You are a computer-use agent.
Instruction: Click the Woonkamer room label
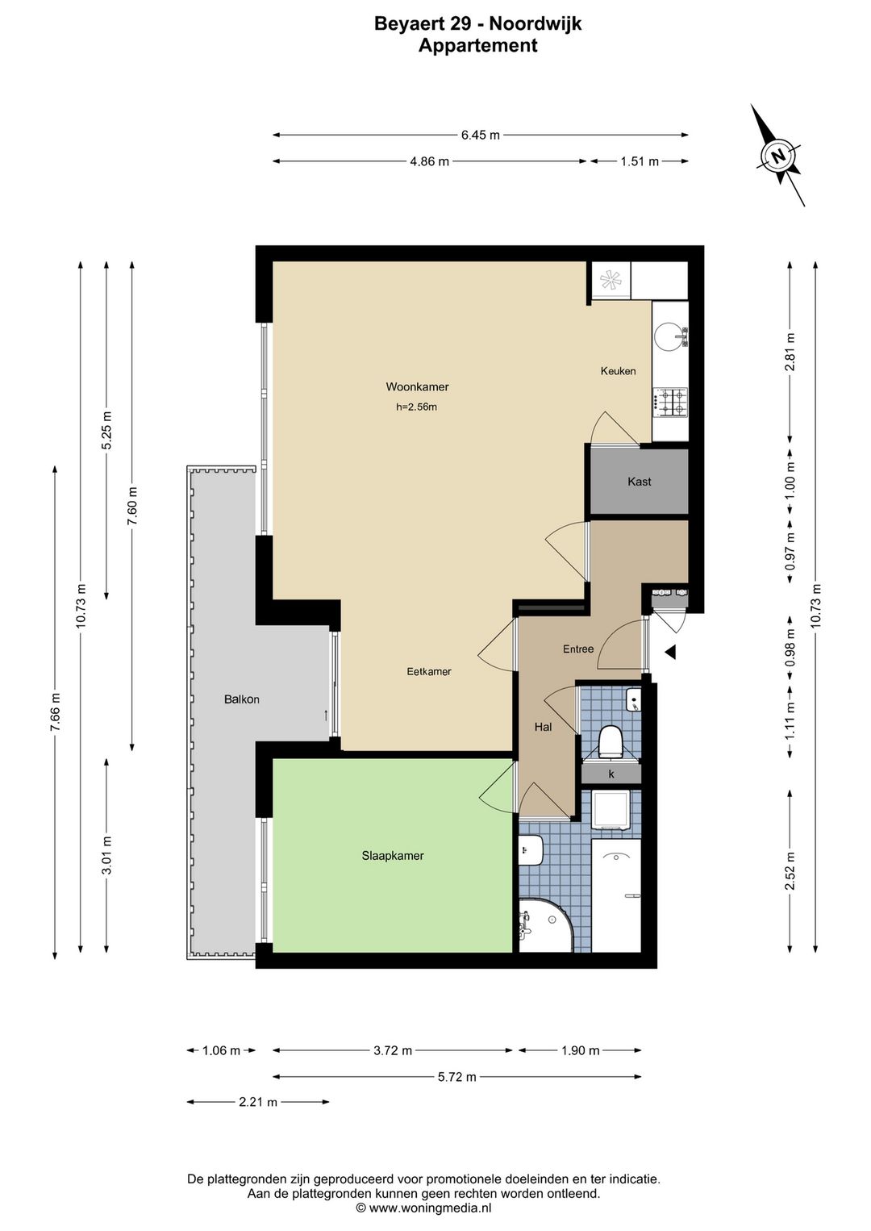pyautogui.click(x=417, y=387)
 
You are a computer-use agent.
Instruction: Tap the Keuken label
pyautogui.click(x=619, y=371)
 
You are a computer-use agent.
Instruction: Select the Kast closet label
pyautogui.click(x=639, y=482)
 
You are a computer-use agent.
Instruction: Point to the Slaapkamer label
pyautogui.click(x=393, y=856)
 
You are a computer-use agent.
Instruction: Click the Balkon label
pyautogui.click(x=241, y=699)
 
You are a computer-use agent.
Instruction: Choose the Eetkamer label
pyautogui.click(x=428, y=671)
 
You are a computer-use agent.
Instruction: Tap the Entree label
pyautogui.click(x=578, y=649)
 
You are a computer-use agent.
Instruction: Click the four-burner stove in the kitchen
pyautogui.click(x=670, y=403)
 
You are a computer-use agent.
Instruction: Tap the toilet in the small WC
pyautogui.click(x=610, y=741)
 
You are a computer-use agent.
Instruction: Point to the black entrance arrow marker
pyautogui.click(x=670, y=652)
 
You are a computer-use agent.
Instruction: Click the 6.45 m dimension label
pyautogui.click(x=481, y=136)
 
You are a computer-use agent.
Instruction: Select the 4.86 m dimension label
pyautogui.click(x=429, y=161)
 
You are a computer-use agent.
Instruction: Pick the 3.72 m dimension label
pyautogui.click(x=393, y=1051)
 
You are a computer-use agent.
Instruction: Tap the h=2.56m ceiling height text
pyautogui.click(x=416, y=407)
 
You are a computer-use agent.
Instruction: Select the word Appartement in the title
pyautogui.click(x=477, y=46)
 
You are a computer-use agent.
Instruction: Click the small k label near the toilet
pyautogui.click(x=611, y=774)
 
